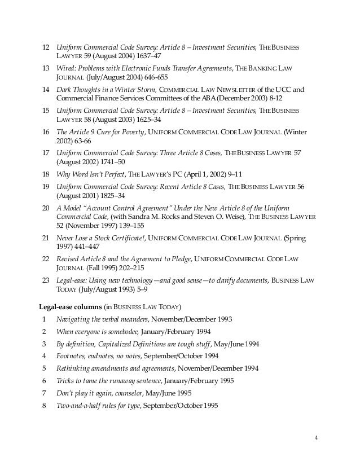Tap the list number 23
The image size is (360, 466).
pyautogui.click(x=46, y=280)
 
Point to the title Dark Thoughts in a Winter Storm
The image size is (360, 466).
pyautogui.click(x=106, y=89)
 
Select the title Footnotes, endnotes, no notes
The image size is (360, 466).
pyautogui.click(x=98, y=357)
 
